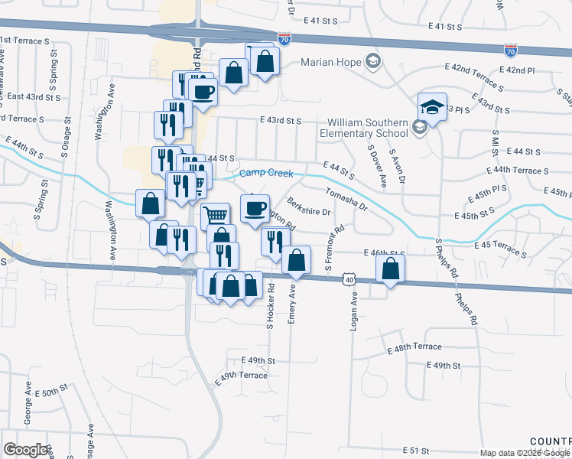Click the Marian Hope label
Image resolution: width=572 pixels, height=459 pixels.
(331, 62)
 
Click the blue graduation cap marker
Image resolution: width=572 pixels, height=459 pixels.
(432, 107)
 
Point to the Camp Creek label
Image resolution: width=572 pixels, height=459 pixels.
(265, 174)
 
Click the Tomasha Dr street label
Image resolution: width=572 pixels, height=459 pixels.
(347, 200)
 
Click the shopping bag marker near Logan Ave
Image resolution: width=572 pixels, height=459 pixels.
(390, 269)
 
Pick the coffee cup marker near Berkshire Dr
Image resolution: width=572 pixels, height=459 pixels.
(255, 207)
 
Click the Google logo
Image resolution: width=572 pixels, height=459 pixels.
(25, 450)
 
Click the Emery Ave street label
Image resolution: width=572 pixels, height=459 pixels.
(291, 304)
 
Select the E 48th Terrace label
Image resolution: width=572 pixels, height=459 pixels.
(415, 347)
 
